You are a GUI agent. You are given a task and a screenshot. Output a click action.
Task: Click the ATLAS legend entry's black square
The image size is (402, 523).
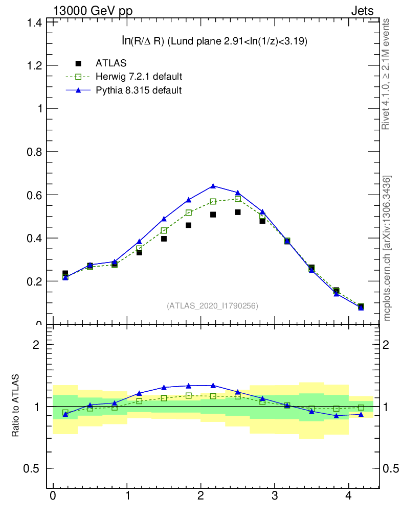point(78,63)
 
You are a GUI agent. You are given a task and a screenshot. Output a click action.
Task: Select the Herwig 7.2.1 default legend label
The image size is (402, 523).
point(139,77)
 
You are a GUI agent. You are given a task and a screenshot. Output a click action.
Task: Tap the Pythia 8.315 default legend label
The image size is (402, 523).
point(139,90)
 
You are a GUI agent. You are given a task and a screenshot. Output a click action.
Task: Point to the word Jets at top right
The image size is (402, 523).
point(362,10)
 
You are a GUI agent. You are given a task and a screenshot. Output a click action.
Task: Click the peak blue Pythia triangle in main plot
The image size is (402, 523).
point(213,186)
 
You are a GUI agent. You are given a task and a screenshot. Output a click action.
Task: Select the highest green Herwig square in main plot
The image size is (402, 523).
point(237,199)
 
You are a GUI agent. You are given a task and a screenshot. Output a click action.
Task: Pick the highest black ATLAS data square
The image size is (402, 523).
point(237,212)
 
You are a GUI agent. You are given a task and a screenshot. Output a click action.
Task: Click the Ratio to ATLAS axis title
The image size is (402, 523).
point(15,406)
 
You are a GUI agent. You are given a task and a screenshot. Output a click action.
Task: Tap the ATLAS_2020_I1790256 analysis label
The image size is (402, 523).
point(213,306)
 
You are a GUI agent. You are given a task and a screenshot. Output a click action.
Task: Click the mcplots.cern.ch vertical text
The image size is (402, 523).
point(387,248)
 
